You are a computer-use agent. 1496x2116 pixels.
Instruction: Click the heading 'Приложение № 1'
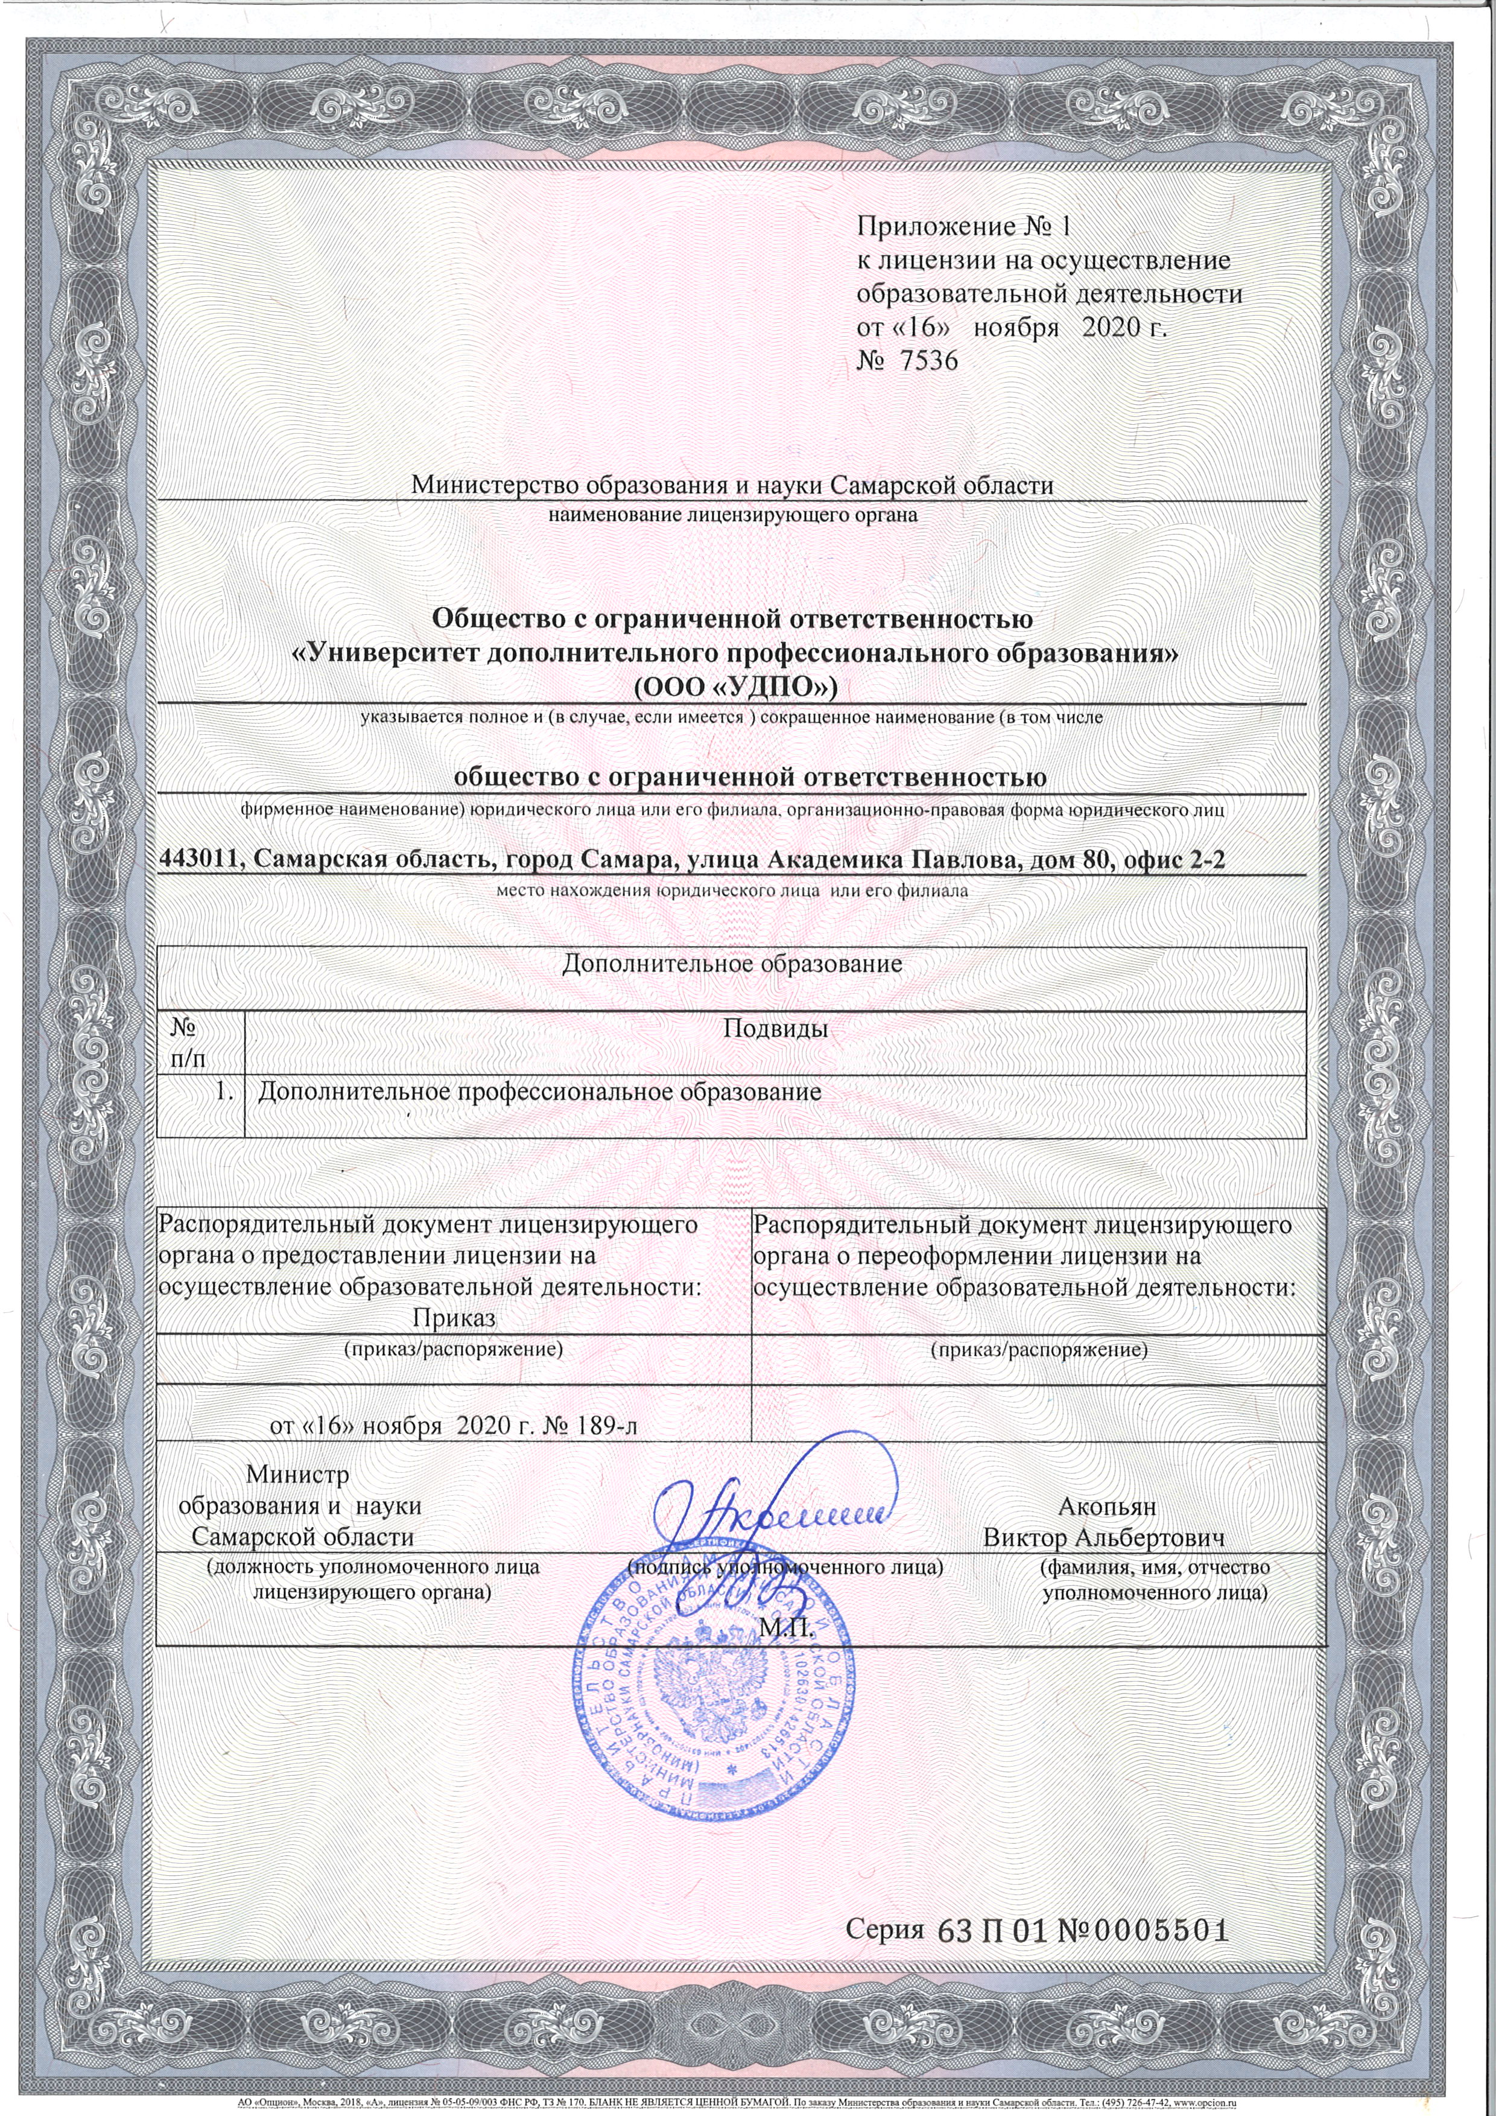tap(965, 226)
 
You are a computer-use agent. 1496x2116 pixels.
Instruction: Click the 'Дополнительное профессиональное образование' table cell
tap(539, 1092)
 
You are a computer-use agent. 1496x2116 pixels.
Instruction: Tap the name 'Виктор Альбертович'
tap(1103, 1537)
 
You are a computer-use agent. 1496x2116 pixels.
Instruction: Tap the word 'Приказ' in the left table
tap(454, 1318)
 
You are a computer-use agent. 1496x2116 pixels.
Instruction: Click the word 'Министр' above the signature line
tap(297, 1475)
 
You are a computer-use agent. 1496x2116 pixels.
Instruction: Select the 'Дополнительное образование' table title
tap(732, 964)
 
